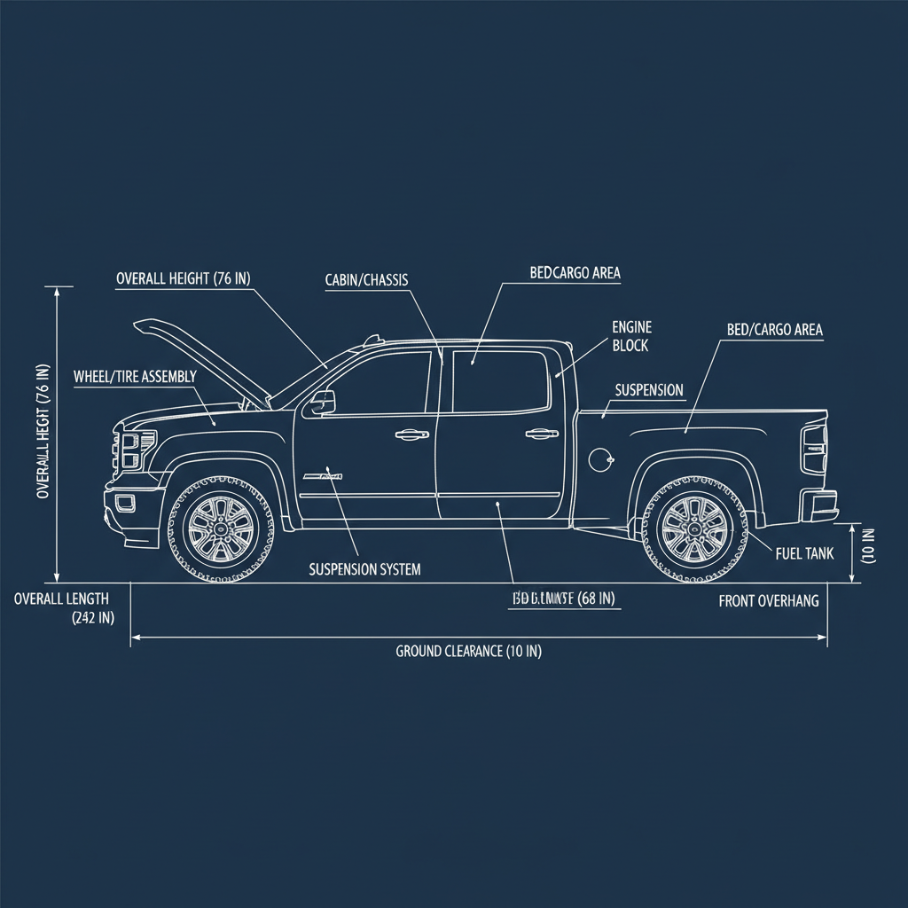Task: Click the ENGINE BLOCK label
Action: (x=631, y=336)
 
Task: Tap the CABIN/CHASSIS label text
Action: (x=366, y=280)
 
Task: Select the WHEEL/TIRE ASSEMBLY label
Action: (x=135, y=377)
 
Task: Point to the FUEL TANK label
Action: (x=804, y=553)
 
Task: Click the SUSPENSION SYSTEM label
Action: (x=364, y=569)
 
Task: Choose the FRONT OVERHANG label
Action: (x=768, y=601)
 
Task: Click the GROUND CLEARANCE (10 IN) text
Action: (x=468, y=652)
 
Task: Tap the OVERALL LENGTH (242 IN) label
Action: (x=62, y=608)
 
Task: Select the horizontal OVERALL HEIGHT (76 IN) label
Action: (x=184, y=278)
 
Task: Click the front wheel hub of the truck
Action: (x=220, y=529)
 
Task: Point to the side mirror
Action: (x=322, y=403)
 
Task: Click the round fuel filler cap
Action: (x=600, y=458)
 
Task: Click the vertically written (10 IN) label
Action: (x=868, y=547)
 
